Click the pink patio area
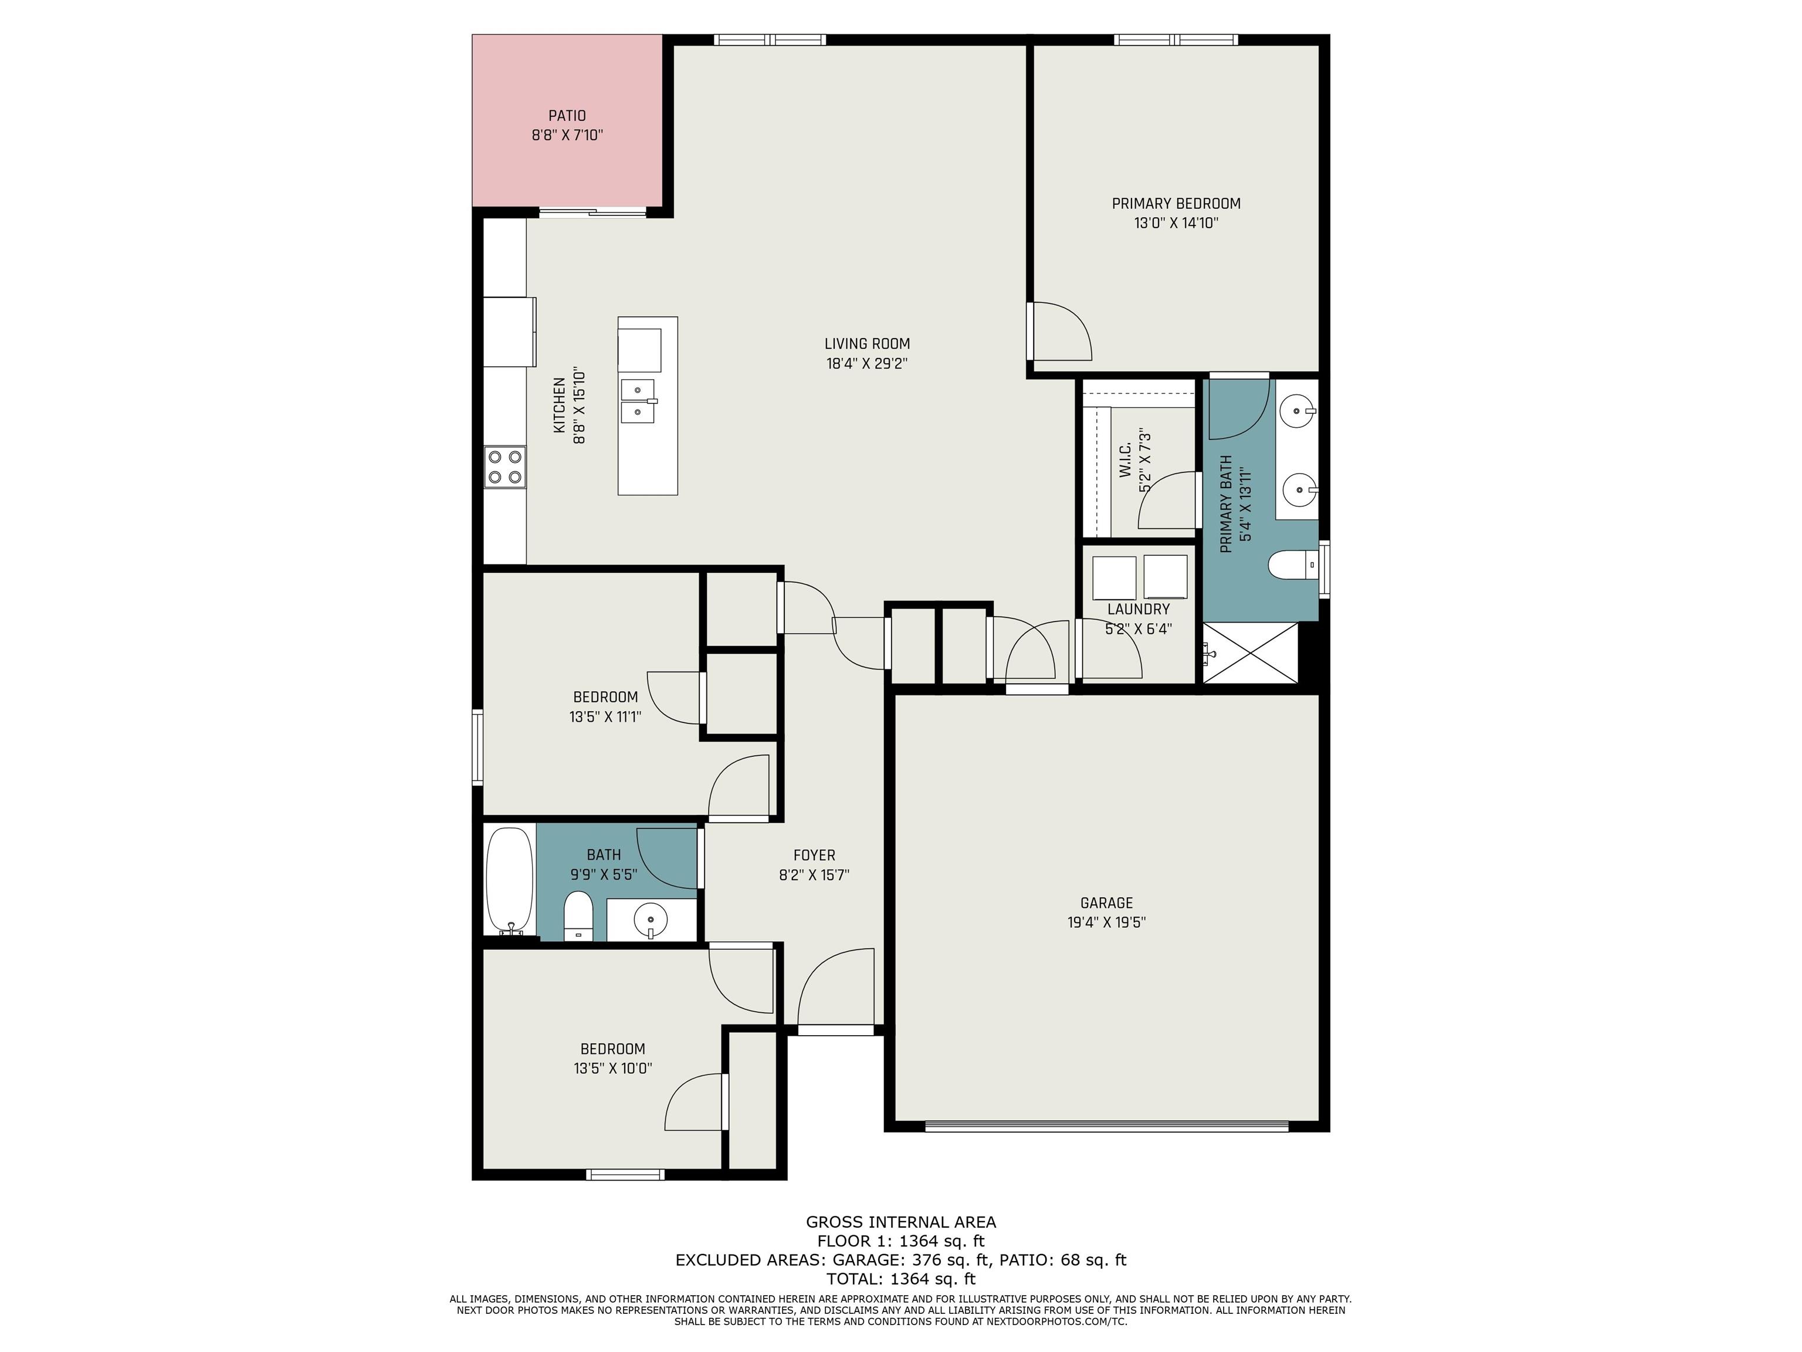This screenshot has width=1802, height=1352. click(x=567, y=121)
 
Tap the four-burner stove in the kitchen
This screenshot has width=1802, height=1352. click(x=505, y=468)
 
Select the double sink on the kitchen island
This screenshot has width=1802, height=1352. click(x=639, y=401)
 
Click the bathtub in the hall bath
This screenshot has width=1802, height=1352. click(x=510, y=882)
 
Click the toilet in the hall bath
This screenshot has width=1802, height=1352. click(x=578, y=916)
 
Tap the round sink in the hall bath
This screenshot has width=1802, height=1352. click(x=650, y=920)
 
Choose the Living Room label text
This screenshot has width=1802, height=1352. click(x=867, y=344)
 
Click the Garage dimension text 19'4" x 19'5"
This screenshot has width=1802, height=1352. click(x=1106, y=922)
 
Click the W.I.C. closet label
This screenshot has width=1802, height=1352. click(x=1125, y=461)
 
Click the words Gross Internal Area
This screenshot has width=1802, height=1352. click(x=901, y=1222)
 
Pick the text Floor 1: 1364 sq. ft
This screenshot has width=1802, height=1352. click(x=901, y=1241)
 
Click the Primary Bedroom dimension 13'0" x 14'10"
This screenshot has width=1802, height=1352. click(x=1176, y=224)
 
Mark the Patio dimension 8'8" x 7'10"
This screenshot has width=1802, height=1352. click(x=567, y=136)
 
